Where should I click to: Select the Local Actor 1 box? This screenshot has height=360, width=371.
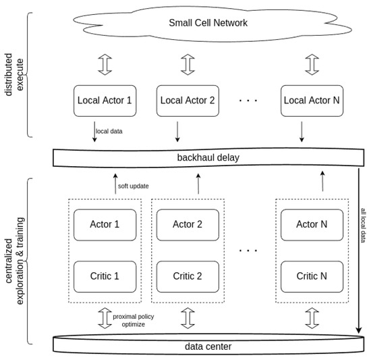(105, 101)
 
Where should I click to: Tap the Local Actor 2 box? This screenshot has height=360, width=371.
(188, 101)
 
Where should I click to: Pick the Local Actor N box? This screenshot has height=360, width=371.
(311, 101)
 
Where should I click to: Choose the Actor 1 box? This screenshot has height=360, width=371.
(105, 224)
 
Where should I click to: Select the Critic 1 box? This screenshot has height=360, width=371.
(105, 276)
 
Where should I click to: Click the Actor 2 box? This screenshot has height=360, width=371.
(187, 224)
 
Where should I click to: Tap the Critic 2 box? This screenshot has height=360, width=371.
(187, 276)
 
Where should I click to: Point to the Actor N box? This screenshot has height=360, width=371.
(311, 224)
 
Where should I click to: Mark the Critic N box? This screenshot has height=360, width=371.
(311, 276)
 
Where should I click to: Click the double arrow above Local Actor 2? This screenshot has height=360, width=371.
(188, 66)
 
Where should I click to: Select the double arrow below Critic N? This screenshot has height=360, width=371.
(311, 317)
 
